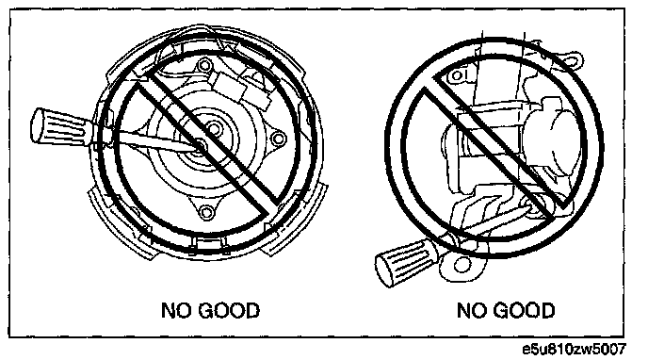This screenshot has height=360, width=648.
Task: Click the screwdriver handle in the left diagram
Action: pyautogui.click(x=61, y=127)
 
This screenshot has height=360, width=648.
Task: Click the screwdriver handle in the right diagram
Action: pyautogui.click(x=406, y=262)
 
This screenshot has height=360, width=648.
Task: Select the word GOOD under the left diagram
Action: pyautogui.click(x=229, y=311)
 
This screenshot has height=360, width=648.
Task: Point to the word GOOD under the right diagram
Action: pyautogui.click(x=525, y=310)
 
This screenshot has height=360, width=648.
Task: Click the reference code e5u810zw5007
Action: pyautogui.click(x=575, y=350)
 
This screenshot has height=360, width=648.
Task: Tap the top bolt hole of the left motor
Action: pyautogui.click(x=203, y=66)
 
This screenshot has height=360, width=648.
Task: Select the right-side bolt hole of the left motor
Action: pyautogui.click(x=279, y=138)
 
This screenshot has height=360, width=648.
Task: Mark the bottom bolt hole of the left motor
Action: pyautogui.click(x=205, y=212)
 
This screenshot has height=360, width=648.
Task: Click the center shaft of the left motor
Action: pyautogui.click(x=214, y=128)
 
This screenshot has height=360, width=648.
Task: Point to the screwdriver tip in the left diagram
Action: pyautogui.click(x=200, y=146)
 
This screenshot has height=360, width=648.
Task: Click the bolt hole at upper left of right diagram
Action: pyautogui.click(x=457, y=76)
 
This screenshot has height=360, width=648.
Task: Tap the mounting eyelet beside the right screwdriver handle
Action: pyautogui.click(x=461, y=265)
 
